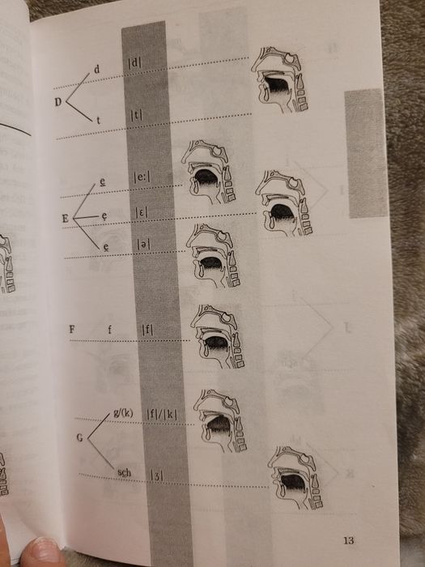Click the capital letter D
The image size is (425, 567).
(58, 102)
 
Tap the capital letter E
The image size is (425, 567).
(66, 219)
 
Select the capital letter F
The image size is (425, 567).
(72, 329)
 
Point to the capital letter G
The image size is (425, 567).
(80, 437)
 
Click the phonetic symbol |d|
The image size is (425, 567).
(135, 63)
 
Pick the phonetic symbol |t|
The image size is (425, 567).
(137, 115)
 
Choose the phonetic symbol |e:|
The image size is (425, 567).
(142, 177)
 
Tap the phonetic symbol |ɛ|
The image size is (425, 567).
(142, 212)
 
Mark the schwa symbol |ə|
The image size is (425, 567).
(143, 245)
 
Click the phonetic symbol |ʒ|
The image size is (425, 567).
(156, 475)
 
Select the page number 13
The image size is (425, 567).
(349, 540)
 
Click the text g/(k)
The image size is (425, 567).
(123, 413)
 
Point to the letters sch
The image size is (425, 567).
(125, 472)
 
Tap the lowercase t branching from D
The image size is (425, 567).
(98, 120)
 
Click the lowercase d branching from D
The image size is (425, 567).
(96, 69)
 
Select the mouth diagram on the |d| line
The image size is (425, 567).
(280, 79)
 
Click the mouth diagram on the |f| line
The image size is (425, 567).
(217, 336)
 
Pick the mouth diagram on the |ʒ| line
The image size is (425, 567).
(295, 477)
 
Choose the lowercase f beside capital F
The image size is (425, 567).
(109, 329)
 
